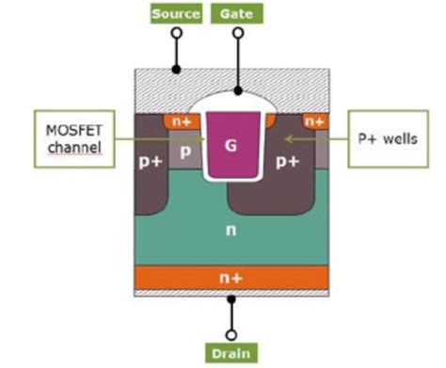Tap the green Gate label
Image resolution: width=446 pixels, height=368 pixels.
click(x=237, y=13)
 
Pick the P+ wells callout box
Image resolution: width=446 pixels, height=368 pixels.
click(x=388, y=139)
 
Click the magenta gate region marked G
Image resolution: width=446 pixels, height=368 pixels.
click(x=230, y=146)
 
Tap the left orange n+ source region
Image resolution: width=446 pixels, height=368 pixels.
click(x=180, y=120)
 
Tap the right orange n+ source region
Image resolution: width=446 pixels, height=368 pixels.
click(x=314, y=120)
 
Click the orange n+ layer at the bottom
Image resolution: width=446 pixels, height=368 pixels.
click(x=231, y=276)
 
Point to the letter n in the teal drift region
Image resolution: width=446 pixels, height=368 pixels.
click(x=231, y=231)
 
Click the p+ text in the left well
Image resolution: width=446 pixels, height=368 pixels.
click(x=151, y=162)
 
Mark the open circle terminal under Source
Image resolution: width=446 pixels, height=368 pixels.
click(x=175, y=33)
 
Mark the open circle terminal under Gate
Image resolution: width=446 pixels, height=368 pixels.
click(x=237, y=33)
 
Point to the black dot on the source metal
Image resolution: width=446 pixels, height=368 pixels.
click(x=175, y=70)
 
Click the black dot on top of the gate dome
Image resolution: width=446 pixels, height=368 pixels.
click(x=237, y=91)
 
